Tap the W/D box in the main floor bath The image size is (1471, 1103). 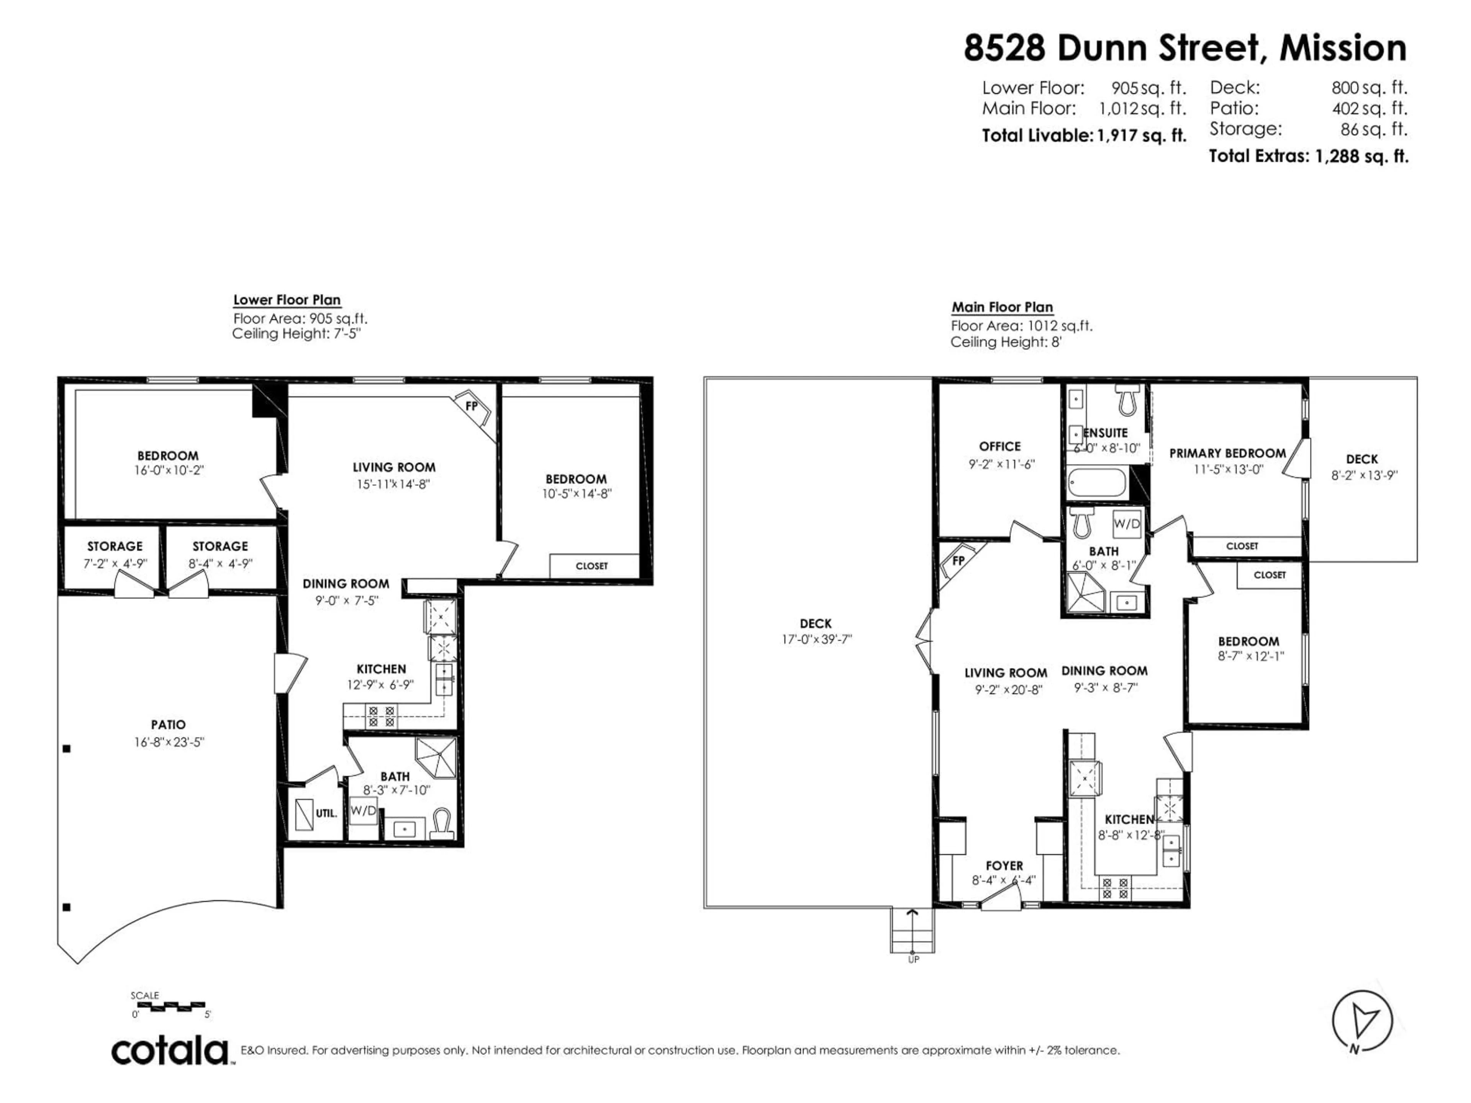pyautogui.click(x=1127, y=524)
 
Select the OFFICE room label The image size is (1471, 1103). pyautogui.click(x=999, y=447)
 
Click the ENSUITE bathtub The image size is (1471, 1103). pyautogui.click(x=1097, y=483)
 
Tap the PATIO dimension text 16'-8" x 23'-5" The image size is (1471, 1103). pyautogui.click(x=168, y=742)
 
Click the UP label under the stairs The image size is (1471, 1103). pyautogui.click(x=913, y=960)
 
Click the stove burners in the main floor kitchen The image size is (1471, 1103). pyautogui.click(x=1115, y=888)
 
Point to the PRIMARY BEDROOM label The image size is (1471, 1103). pyautogui.click(x=1227, y=453)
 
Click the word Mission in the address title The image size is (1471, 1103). pyautogui.click(x=1343, y=48)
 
